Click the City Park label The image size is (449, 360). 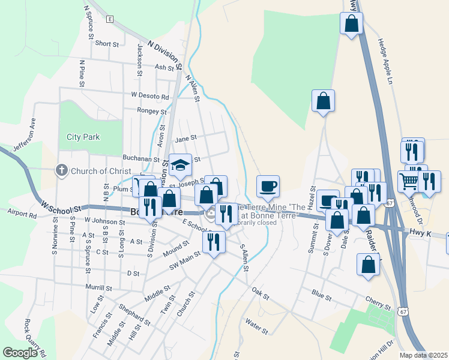[83, 137]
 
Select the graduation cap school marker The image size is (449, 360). [179, 167]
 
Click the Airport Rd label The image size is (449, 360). [22, 212]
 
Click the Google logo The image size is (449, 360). [20, 353]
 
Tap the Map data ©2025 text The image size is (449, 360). [423, 355]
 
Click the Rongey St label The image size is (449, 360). [151, 112]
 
